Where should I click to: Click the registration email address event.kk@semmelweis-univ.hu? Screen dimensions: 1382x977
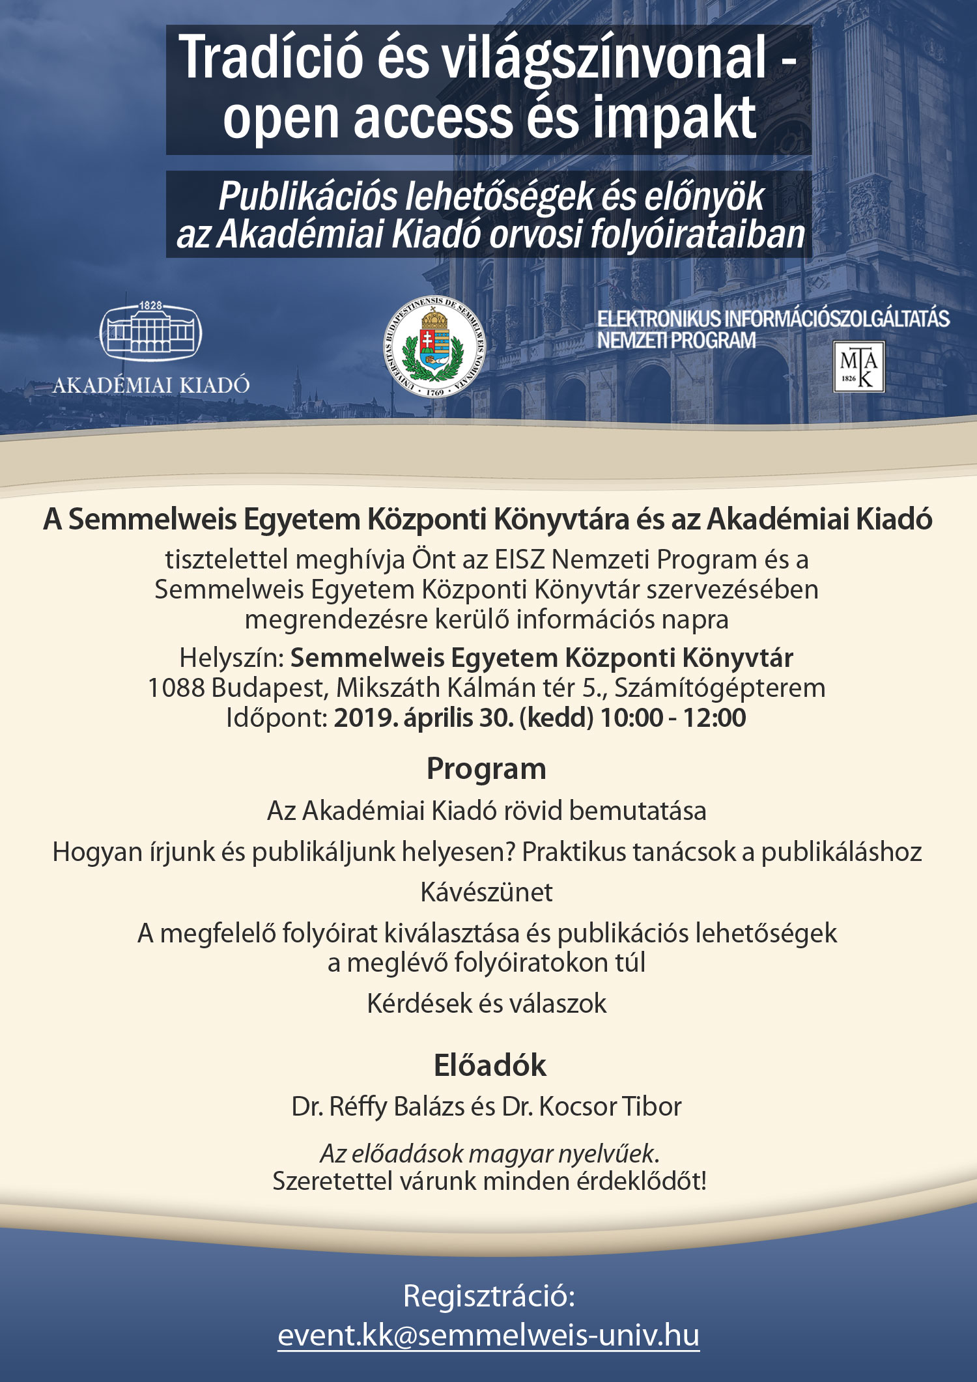488,1334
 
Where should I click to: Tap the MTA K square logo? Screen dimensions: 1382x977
859,367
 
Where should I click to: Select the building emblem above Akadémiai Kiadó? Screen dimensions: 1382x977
150,331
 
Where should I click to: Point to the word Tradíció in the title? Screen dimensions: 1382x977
270,59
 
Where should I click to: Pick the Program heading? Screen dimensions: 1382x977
487,769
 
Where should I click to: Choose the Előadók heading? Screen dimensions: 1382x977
490,1065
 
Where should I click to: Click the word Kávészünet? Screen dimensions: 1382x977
487,892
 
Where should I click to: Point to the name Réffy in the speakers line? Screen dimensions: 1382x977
358,1107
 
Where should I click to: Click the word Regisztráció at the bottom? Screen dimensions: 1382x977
489,1296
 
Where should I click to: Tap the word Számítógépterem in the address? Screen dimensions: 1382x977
720,688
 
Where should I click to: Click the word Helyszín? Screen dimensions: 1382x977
231,658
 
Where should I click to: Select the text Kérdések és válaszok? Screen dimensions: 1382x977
487,1004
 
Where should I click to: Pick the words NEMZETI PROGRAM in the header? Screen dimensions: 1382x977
676,340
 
